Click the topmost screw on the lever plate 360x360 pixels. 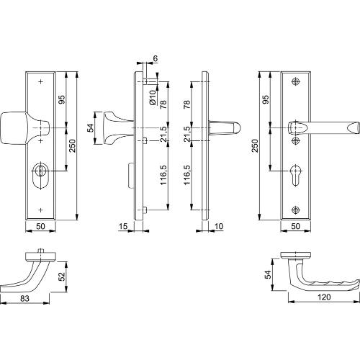[x=295, y=81]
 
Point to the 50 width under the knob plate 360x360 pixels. [x=40, y=228]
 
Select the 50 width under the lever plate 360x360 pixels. [x=295, y=228]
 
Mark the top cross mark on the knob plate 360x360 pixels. [x=40, y=81]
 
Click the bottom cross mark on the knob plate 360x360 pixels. [x=40, y=210]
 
